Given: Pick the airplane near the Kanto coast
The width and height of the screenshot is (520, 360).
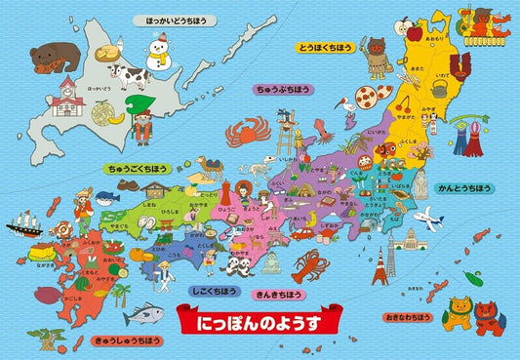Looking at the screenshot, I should (427, 217).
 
